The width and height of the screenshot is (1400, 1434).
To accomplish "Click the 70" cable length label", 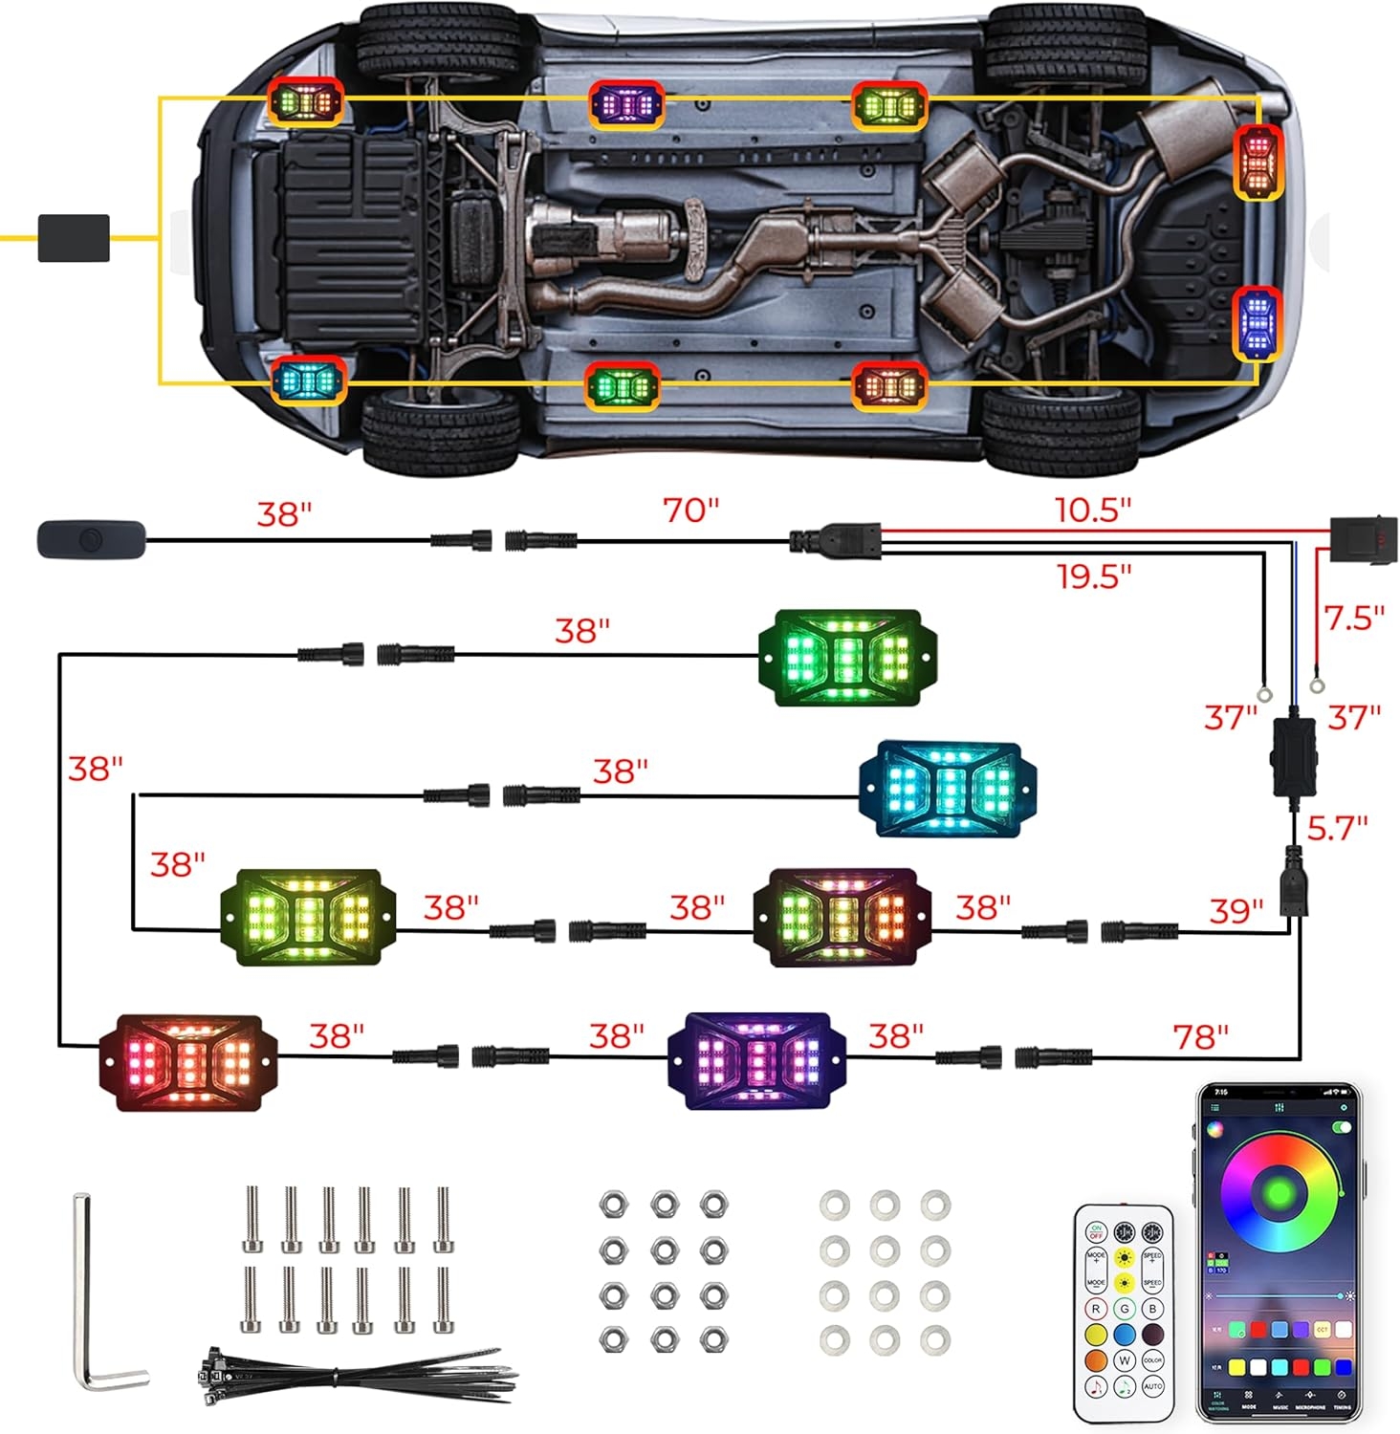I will pyautogui.click(x=690, y=511).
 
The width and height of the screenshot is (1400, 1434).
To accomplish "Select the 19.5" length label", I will pyautogui.click(x=1094, y=576).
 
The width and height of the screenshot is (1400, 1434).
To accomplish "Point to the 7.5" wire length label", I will pyautogui.click(x=1354, y=618).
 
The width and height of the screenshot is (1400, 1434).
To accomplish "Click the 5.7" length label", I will pyautogui.click(x=1337, y=828).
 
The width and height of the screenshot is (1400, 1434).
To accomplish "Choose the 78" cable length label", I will pyautogui.click(x=1200, y=1035).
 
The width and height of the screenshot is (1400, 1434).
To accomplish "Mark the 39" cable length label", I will pyautogui.click(x=1236, y=910).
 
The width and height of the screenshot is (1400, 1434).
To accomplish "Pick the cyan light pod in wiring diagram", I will pyautogui.click(x=947, y=788).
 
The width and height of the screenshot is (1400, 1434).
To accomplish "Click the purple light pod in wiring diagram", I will pyautogui.click(x=756, y=1060).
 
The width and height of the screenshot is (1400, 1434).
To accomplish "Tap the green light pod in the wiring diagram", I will pyautogui.click(x=847, y=658).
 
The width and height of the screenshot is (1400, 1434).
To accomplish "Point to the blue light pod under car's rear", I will pyautogui.click(x=1257, y=323).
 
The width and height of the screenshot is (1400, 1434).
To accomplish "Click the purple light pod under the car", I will pyautogui.click(x=625, y=103).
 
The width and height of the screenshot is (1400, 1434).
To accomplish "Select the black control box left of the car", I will pyautogui.click(x=74, y=238).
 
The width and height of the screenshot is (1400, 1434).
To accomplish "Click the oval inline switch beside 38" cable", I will pyautogui.click(x=91, y=540).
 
